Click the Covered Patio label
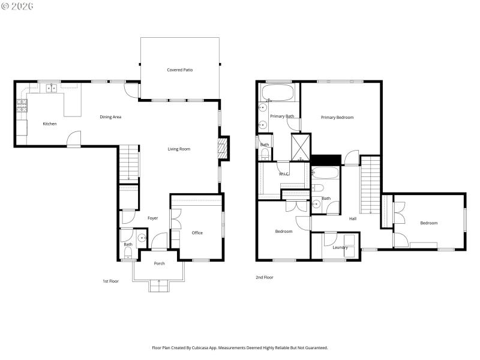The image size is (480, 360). [179, 70]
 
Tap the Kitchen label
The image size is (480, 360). [50, 124]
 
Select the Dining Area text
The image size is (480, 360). [110, 117]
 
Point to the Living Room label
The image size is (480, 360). [179, 149]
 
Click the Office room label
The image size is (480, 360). [197, 233]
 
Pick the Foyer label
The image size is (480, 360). [153, 218]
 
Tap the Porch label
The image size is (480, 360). [159, 263]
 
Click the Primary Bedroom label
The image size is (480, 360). [337, 118]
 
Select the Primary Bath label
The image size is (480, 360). [282, 116]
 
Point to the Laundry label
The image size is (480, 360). [340, 247]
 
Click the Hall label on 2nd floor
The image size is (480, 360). [352, 218]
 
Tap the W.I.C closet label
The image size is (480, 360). [284, 174]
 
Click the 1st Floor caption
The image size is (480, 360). [110, 281]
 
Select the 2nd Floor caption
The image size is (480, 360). [264, 277]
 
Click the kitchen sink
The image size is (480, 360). [52, 88]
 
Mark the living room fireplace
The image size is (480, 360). [223, 148]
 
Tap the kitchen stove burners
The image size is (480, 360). [22, 106]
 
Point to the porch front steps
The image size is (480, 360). [158, 287]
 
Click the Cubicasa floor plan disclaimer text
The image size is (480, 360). [240, 347]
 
